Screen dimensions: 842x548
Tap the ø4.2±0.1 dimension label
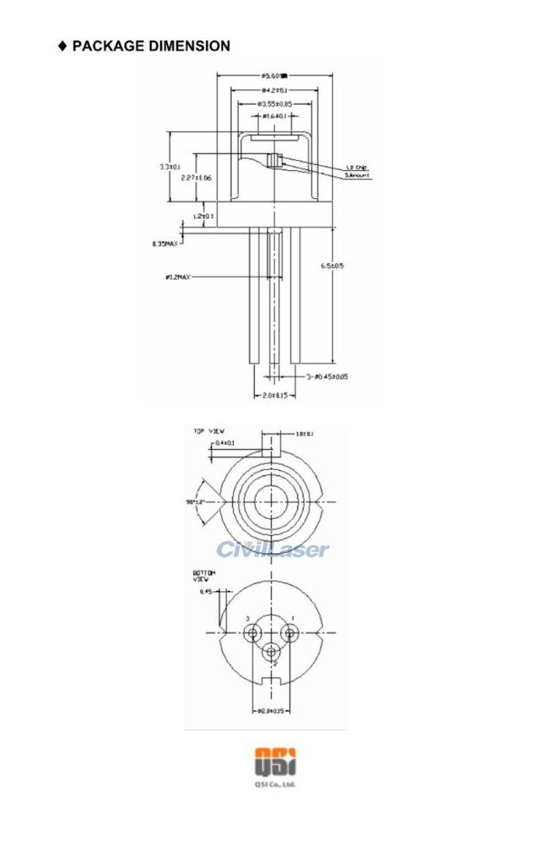point(275,90)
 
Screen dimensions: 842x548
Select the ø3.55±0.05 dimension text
point(275,103)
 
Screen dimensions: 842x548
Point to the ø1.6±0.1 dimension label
point(275,117)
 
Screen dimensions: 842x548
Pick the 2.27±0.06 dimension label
point(196,178)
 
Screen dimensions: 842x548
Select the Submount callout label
point(358,176)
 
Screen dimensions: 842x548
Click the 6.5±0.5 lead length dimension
point(332,265)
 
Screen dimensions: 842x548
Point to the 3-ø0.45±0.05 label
point(326,376)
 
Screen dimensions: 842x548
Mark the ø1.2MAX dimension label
point(178,277)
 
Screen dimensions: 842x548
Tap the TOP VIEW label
point(208,430)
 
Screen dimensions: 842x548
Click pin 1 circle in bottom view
point(291,634)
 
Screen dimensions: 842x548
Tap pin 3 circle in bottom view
point(252,634)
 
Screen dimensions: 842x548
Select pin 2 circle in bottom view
point(271,652)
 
